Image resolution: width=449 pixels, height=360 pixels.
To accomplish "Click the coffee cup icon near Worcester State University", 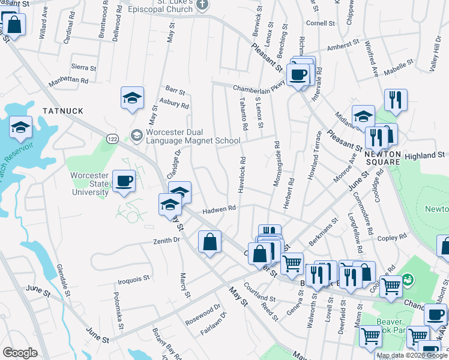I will pos(124,181).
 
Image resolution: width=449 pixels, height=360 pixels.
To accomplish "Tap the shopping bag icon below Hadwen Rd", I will pos(209,242).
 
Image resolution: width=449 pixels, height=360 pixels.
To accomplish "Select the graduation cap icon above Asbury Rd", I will pos(133,98).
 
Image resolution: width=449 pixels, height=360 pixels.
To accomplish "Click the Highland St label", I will pos(424,155).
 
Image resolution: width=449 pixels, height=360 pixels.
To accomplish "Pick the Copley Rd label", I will pos(393,237).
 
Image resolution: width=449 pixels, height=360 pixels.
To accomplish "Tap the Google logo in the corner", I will pos(20,353).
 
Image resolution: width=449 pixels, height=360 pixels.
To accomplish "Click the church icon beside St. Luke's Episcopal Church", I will pos(202,5).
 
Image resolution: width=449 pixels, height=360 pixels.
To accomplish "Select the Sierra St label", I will pos(83,68).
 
